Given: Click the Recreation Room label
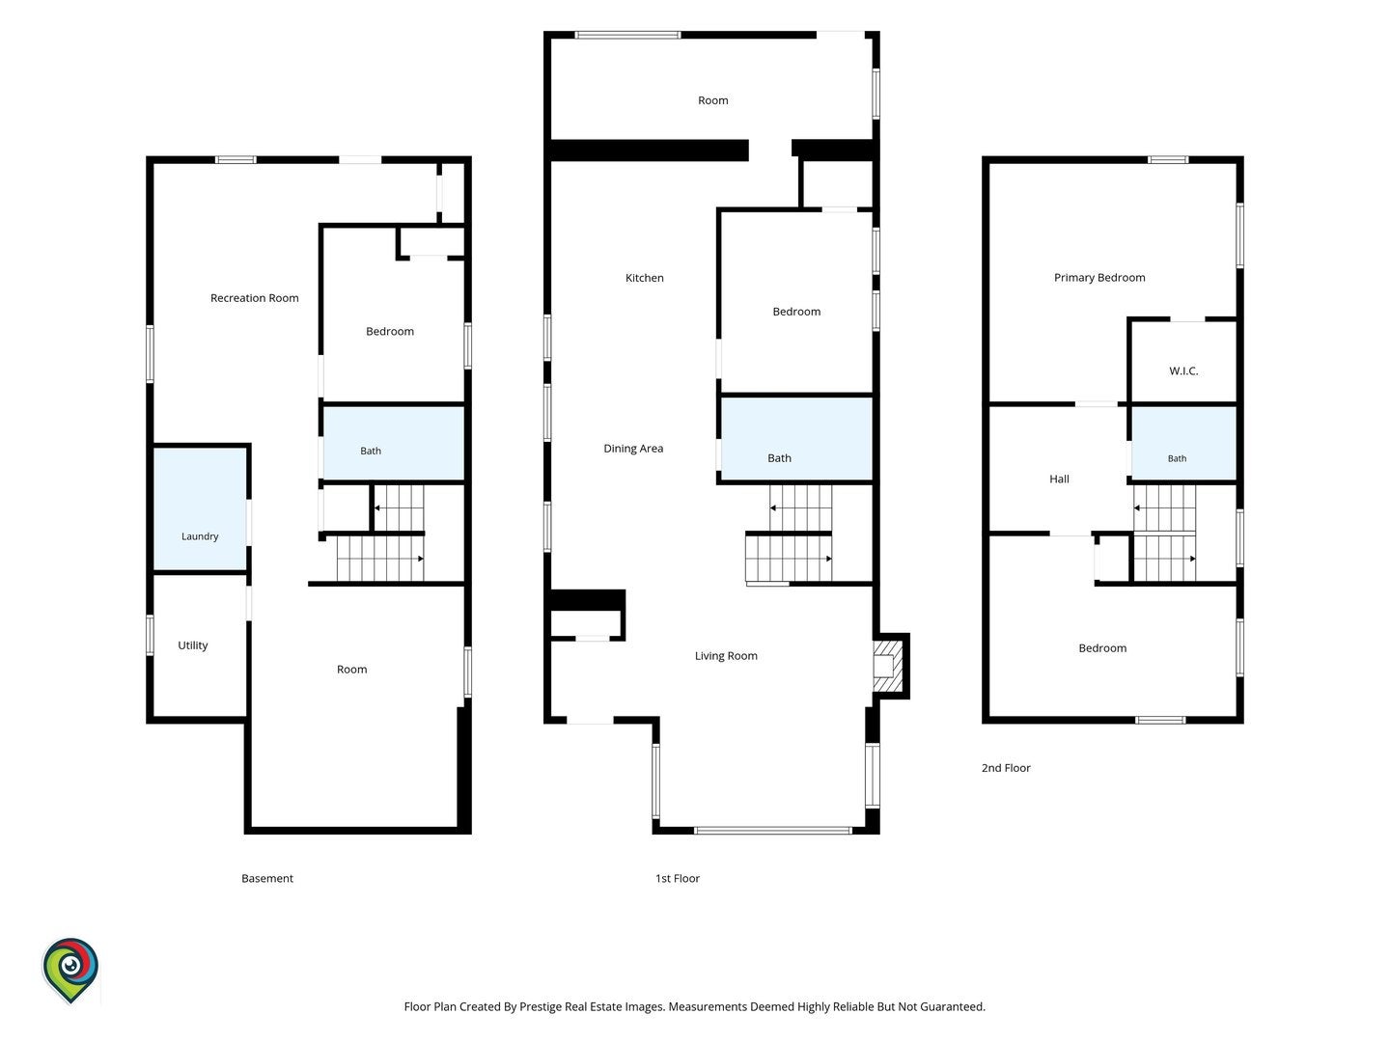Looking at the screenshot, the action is [x=254, y=298].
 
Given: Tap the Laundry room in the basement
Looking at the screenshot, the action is [x=200, y=509].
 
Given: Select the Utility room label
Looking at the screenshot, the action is [x=192, y=645].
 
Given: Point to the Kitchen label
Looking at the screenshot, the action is [x=644, y=278].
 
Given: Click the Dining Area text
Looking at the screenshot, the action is [x=633, y=449].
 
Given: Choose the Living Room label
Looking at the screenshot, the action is [x=726, y=656].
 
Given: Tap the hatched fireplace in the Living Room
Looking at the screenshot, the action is [x=888, y=666].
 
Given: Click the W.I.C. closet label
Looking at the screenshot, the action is [x=1182, y=371].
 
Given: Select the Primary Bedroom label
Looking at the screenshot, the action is [x=1099, y=278].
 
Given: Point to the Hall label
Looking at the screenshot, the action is [x=1059, y=480].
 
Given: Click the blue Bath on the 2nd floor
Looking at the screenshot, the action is [x=1183, y=443].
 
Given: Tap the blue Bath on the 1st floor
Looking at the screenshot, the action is [x=796, y=438].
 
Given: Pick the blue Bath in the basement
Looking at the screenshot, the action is [x=394, y=443].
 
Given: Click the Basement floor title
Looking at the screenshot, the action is [x=267, y=879].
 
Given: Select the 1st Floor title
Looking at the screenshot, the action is [x=677, y=879].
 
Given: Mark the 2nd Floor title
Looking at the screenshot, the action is [x=1006, y=768].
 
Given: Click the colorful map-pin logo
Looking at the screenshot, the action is [x=70, y=970].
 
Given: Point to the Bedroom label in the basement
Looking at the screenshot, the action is [x=389, y=332].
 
